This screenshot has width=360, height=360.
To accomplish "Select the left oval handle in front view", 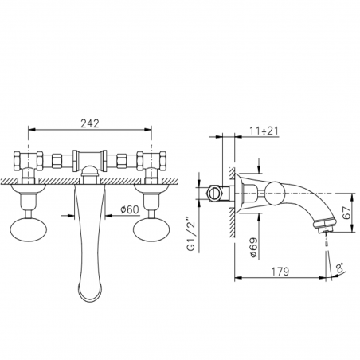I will point(30,231).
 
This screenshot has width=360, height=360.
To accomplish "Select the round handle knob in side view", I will point(275,192).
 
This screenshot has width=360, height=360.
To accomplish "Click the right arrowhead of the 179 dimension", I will point(328,280).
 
